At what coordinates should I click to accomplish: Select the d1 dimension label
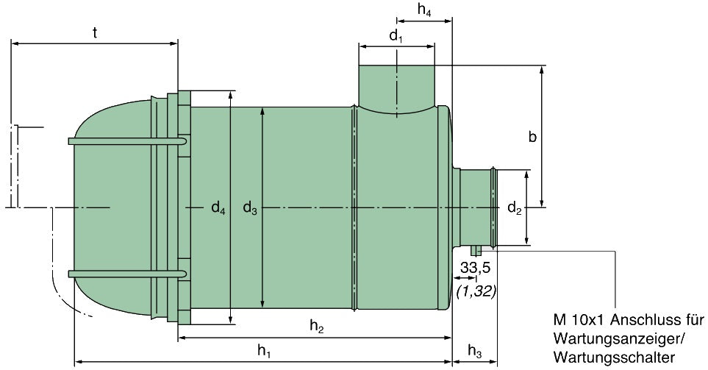pyautogui.click(x=396, y=35)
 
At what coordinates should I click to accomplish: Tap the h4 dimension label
pyautogui.click(x=424, y=10)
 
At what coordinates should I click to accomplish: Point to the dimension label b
pyautogui.click(x=532, y=136)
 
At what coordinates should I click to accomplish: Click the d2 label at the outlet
pyautogui.click(x=514, y=210)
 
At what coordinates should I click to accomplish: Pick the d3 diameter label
pyautogui.click(x=250, y=209)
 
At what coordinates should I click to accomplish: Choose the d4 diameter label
pyautogui.click(x=218, y=209)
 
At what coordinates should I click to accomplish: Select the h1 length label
pyautogui.click(x=264, y=352)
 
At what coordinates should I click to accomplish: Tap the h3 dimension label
pyautogui.click(x=475, y=352)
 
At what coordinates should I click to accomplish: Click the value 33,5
pyautogui.click(x=476, y=269)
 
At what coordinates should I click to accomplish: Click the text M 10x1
pyautogui.click(x=582, y=321)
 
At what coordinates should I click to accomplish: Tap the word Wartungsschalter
pyautogui.click(x=615, y=357)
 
